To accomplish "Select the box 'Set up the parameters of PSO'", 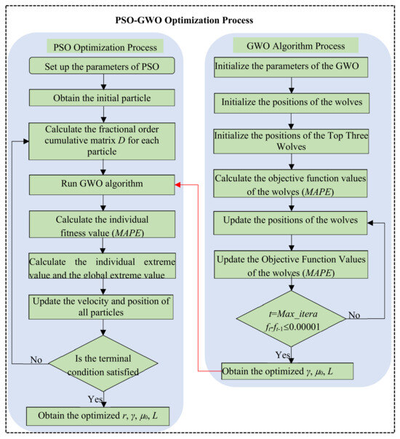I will click(101, 68).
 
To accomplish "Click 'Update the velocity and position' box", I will click(101, 306).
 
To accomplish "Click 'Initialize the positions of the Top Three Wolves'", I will click(291, 140).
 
